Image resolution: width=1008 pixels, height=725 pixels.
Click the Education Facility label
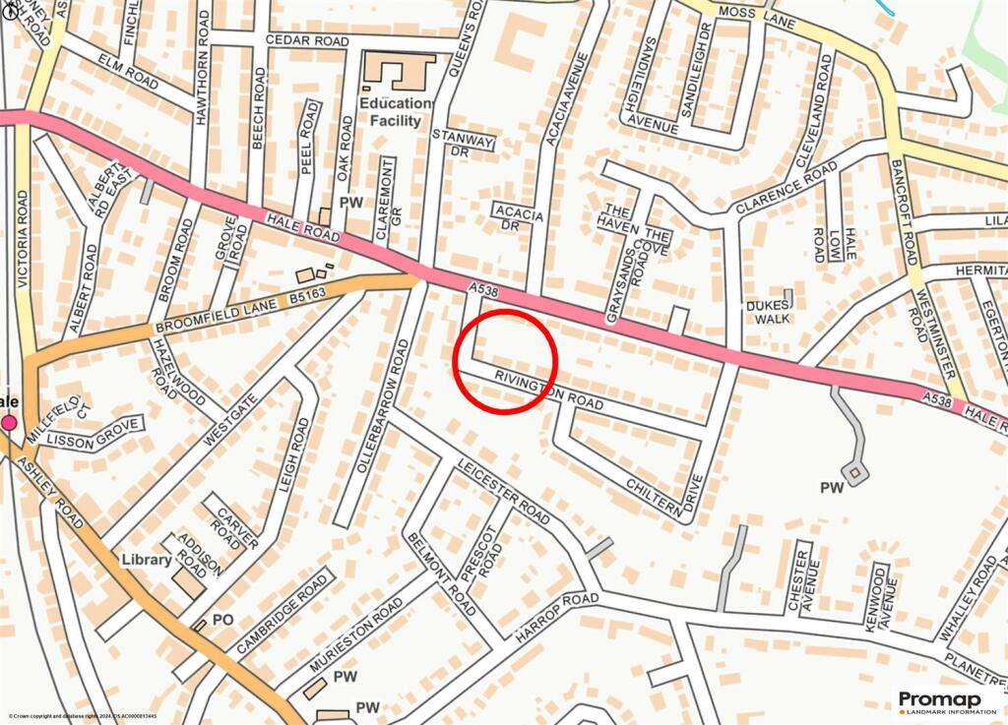coord(395,112)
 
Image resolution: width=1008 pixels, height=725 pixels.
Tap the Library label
coord(148,560)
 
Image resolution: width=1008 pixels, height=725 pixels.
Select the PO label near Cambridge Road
coord(223,620)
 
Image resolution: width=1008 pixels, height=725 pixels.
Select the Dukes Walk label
coord(769,312)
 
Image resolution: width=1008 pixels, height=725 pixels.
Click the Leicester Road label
coord(503,490)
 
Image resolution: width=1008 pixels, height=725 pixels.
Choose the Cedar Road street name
coord(307,41)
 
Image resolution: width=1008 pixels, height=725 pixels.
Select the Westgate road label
coord(221,419)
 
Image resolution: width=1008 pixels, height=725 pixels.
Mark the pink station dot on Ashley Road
coord(10,423)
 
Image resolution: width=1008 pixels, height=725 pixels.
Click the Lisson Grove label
coord(90,439)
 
